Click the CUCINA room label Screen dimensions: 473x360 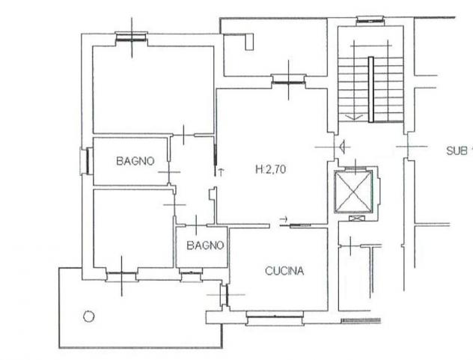pyautogui.click(x=284, y=271)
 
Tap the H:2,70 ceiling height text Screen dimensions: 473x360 pyautogui.click(x=271, y=169)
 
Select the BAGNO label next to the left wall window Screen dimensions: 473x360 pyautogui.click(x=135, y=161)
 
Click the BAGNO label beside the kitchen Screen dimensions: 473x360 pyautogui.click(x=205, y=245)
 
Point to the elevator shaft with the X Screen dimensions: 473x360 pyautogui.click(x=353, y=192)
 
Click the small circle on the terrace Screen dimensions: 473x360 pyautogui.click(x=88, y=317)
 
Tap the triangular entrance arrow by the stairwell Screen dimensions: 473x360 pyautogui.click(x=342, y=147)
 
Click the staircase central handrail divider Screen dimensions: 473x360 pyautogui.click(x=371, y=89)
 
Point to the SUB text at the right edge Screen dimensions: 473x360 pyautogui.click(x=456, y=150)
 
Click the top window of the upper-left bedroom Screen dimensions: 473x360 pyautogui.click(x=132, y=37)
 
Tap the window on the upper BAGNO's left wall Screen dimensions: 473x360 pyautogui.click(x=87, y=161)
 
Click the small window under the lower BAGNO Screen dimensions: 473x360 pyautogui.click(x=191, y=275)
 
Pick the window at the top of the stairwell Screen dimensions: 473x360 pyautogui.click(x=370, y=20)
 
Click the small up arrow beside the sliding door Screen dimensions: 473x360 pyautogui.click(x=221, y=172)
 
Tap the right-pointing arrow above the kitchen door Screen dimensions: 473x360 pyautogui.click(x=284, y=219)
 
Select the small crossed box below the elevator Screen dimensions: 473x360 pyautogui.click(x=356, y=219)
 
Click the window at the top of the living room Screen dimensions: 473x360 pyautogui.click(x=289, y=80)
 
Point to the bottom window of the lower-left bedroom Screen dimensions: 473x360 pyautogui.click(x=122, y=275)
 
